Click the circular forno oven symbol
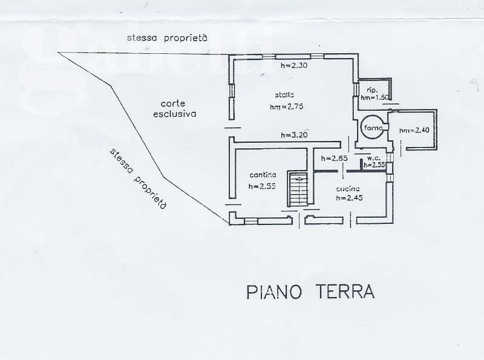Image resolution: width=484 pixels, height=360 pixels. point(370,127)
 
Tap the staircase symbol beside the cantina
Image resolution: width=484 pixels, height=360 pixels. point(298,189)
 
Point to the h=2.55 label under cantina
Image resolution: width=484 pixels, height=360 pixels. point(262,186)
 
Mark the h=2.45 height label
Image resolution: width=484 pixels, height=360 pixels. point(349,198)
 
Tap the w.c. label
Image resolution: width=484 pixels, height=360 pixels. point(373,159)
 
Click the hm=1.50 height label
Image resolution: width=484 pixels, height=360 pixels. point(374,97)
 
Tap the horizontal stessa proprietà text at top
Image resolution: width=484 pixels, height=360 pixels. point(167,38)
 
